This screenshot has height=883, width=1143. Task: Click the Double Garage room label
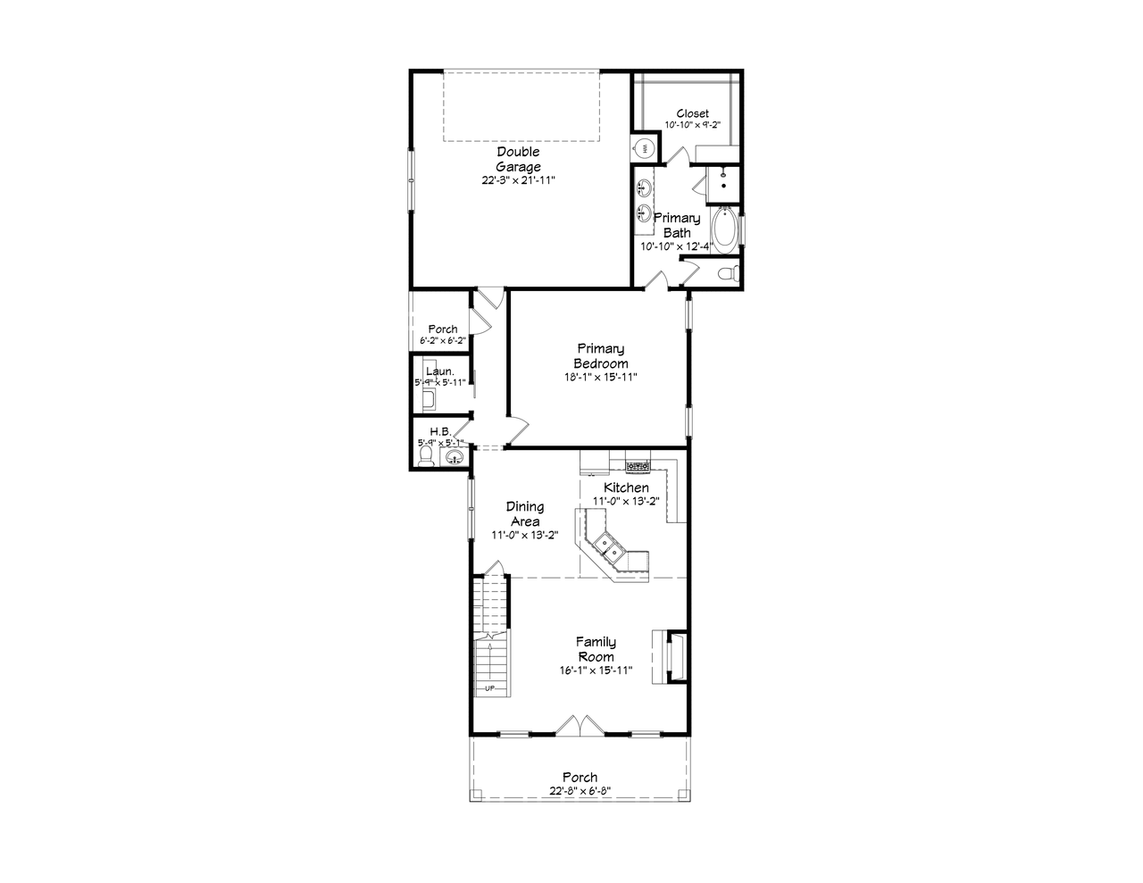click(x=518, y=159)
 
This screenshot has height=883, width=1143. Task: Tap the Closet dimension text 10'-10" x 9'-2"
click(x=692, y=126)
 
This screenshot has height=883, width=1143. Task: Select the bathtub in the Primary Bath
click(x=725, y=230)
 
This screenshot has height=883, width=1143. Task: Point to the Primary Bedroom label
click(x=600, y=355)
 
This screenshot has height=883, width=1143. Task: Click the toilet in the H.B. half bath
click(x=426, y=458)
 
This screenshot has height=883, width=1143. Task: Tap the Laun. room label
click(x=440, y=371)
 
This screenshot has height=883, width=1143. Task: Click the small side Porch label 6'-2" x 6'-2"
click(x=442, y=341)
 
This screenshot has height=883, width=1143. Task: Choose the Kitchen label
click(x=626, y=487)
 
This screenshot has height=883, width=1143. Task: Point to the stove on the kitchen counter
click(x=637, y=465)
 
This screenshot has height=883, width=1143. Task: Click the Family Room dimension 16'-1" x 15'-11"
click(x=595, y=671)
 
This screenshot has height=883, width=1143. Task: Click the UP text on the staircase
click(x=489, y=688)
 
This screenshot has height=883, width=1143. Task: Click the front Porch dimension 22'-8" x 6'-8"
click(x=580, y=791)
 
